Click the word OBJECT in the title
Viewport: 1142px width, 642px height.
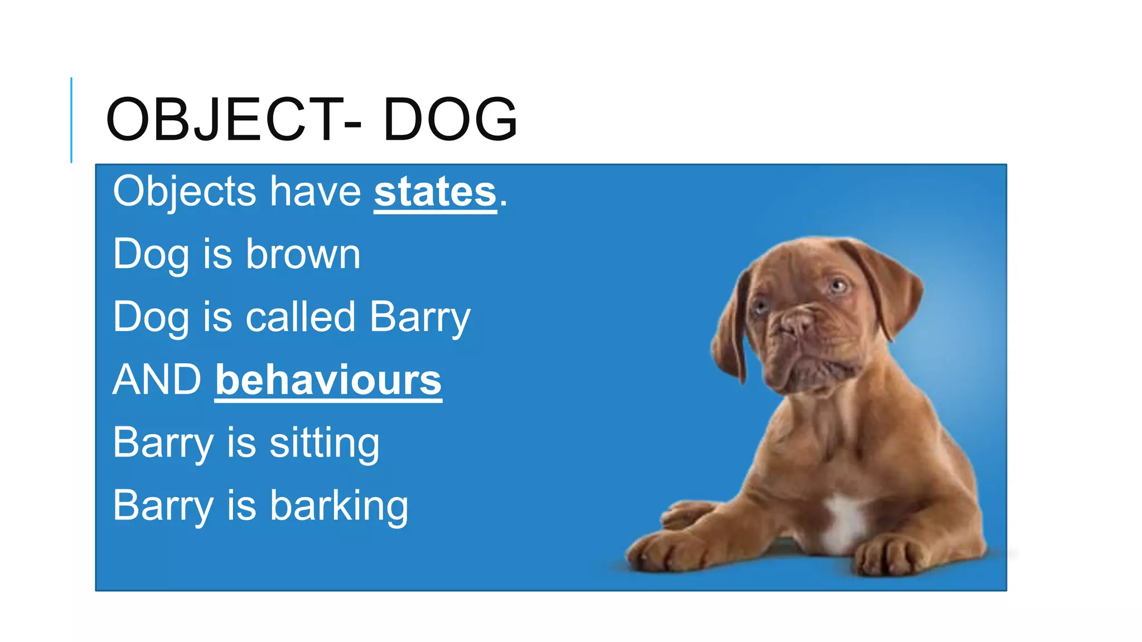(x=223, y=119)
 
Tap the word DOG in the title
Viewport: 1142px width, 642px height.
(x=451, y=119)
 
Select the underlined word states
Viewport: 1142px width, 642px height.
(x=435, y=192)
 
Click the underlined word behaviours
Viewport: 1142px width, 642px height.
(x=328, y=380)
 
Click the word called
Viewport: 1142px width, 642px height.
(x=301, y=317)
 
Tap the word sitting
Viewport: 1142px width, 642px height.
(x=324, y=444)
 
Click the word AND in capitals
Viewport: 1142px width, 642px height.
(x=157, y=380)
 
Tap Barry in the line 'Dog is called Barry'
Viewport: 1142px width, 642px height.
(x=420, y=318)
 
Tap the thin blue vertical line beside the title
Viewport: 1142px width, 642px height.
(x=71, y=120)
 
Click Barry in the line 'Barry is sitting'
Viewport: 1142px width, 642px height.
(x=163, y=444)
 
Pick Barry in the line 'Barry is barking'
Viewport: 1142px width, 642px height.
(x=163, y=506)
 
